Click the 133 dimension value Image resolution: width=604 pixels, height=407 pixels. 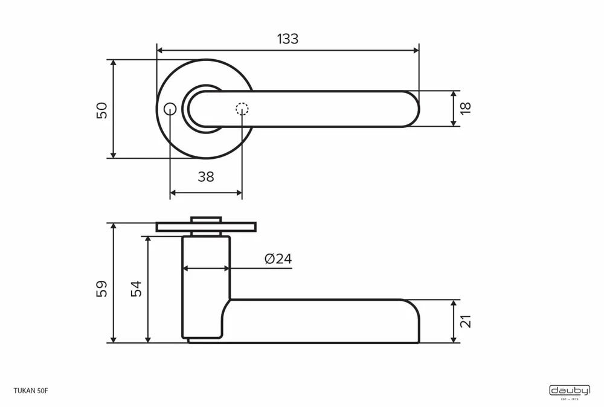288,39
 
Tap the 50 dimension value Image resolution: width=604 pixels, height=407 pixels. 102,110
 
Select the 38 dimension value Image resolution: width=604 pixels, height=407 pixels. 206,177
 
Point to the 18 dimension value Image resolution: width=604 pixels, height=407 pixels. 465,108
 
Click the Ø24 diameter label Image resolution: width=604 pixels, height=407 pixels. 278,259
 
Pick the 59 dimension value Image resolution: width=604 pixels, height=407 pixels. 102,288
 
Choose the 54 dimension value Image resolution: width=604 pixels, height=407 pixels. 136,288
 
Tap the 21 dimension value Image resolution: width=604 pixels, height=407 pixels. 465,321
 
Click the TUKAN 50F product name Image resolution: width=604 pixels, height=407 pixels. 30,391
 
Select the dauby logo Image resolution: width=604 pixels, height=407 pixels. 569,391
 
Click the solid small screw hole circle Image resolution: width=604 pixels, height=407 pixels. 170,109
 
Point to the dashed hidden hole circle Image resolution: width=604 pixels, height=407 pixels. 242,109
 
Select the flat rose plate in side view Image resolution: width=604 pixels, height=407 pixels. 206,227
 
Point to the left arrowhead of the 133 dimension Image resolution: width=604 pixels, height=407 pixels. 160,51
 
